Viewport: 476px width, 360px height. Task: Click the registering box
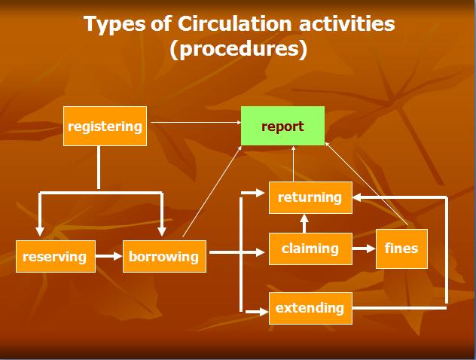pos(105,127)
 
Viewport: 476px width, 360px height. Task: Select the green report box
pos(282,126)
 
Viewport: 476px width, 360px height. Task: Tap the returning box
pos(310,197)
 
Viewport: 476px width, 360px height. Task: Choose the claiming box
pos(310,248)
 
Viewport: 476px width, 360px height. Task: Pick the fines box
pos(401,248)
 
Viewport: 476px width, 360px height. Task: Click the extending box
pos(310,307)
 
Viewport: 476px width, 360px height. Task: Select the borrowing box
pos(163,256)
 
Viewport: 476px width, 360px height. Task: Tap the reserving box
pos(55,256)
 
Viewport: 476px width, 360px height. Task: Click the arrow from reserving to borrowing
pos(109,256)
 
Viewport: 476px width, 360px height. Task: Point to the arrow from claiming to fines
pos(364,248)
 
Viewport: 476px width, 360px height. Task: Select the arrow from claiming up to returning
pos(304,223)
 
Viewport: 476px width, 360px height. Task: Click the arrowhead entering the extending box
pos(263,308)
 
